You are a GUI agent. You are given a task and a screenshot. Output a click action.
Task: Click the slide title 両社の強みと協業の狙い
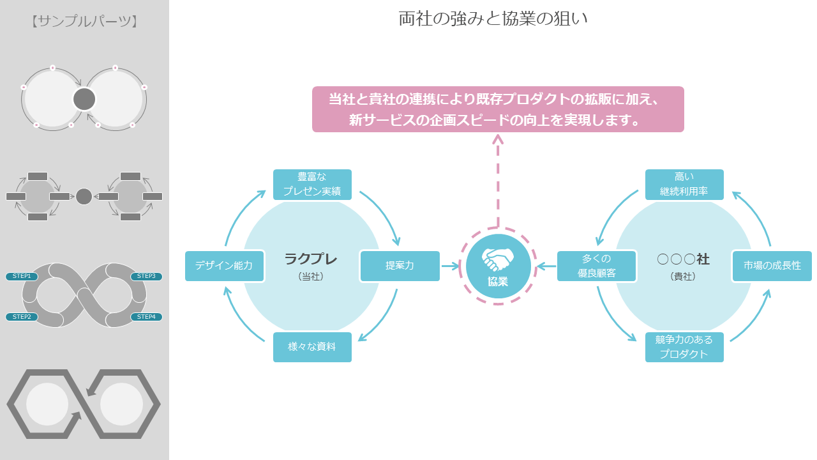click(x=493, y=19)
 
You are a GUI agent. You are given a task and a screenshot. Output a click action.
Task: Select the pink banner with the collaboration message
click(x=498, y=109)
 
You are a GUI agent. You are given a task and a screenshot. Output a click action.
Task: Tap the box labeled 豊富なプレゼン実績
click(x=312, y=184)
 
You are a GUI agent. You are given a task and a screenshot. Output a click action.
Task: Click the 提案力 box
click(x=400, y=266)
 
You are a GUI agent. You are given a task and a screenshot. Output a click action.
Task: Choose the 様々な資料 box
click(x=312, y=347)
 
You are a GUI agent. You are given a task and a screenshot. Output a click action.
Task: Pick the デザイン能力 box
click(x=225, y=266)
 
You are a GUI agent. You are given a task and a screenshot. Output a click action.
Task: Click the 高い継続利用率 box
click(x=684, y=184)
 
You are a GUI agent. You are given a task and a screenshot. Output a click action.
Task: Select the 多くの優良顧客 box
click(x=597, y=266)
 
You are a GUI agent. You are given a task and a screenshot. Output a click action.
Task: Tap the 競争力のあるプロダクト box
click(x=684, y=347)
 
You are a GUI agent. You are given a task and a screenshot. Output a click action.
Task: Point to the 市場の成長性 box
click(x=772, y=266)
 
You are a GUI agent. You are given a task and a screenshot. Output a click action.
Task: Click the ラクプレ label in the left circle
click(x=311, y=259)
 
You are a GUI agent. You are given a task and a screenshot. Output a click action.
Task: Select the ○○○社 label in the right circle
click(x=683, y=259)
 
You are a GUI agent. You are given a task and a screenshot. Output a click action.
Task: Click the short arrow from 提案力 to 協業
click(x=450, y=266)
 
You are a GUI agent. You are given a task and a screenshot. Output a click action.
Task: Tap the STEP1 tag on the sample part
click(x=22, y=276)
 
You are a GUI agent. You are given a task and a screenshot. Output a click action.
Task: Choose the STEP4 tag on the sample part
click(x=146, y=317)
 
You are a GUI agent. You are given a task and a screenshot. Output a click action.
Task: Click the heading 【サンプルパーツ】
click(x=84, y=21)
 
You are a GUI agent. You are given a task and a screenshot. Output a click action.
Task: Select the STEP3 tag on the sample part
click(x=146, y=276)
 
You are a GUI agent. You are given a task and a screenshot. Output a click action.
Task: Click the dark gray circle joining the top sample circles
click(x=84, y=99)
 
